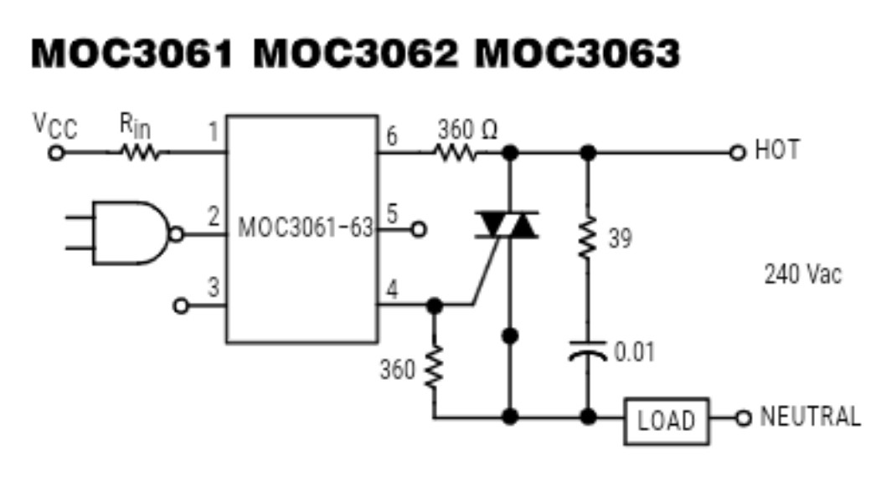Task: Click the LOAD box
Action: point(666,420)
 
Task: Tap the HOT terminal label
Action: point(776,151)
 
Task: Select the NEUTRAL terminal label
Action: point(809,417)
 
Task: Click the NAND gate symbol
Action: point(131,233)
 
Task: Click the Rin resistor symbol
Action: point(138,153)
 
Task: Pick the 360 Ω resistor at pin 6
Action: point(455,153)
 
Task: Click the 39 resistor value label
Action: point(620,239)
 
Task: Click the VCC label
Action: point(54,126)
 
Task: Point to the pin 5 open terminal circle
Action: point(418,228)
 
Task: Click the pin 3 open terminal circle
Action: point(180,305)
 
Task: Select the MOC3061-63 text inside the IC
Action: point(305,228)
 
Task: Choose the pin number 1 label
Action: point(214,131)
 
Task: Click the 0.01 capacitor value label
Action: point(634,351)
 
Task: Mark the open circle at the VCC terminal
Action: point(56,153)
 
